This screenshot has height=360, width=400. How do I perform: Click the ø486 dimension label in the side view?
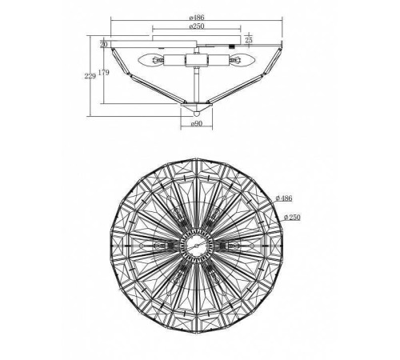[x=197, y=18]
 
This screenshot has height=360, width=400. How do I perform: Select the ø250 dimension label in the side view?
[x=197, y=26]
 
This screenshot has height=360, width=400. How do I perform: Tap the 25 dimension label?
[x=249, y=40]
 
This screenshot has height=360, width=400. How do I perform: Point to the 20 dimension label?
[x=104, y=44]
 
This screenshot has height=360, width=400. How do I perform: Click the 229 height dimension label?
[x=90, y=76]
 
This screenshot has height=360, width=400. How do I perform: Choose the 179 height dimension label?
[x=104, y=72]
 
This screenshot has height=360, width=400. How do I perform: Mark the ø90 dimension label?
[x=197, y=123]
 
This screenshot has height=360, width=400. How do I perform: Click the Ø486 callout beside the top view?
[x=284, y=198]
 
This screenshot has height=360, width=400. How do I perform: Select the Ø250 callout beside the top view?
[x=292, y=218]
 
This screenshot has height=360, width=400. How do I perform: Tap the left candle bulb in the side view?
[x=151, y=60]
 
